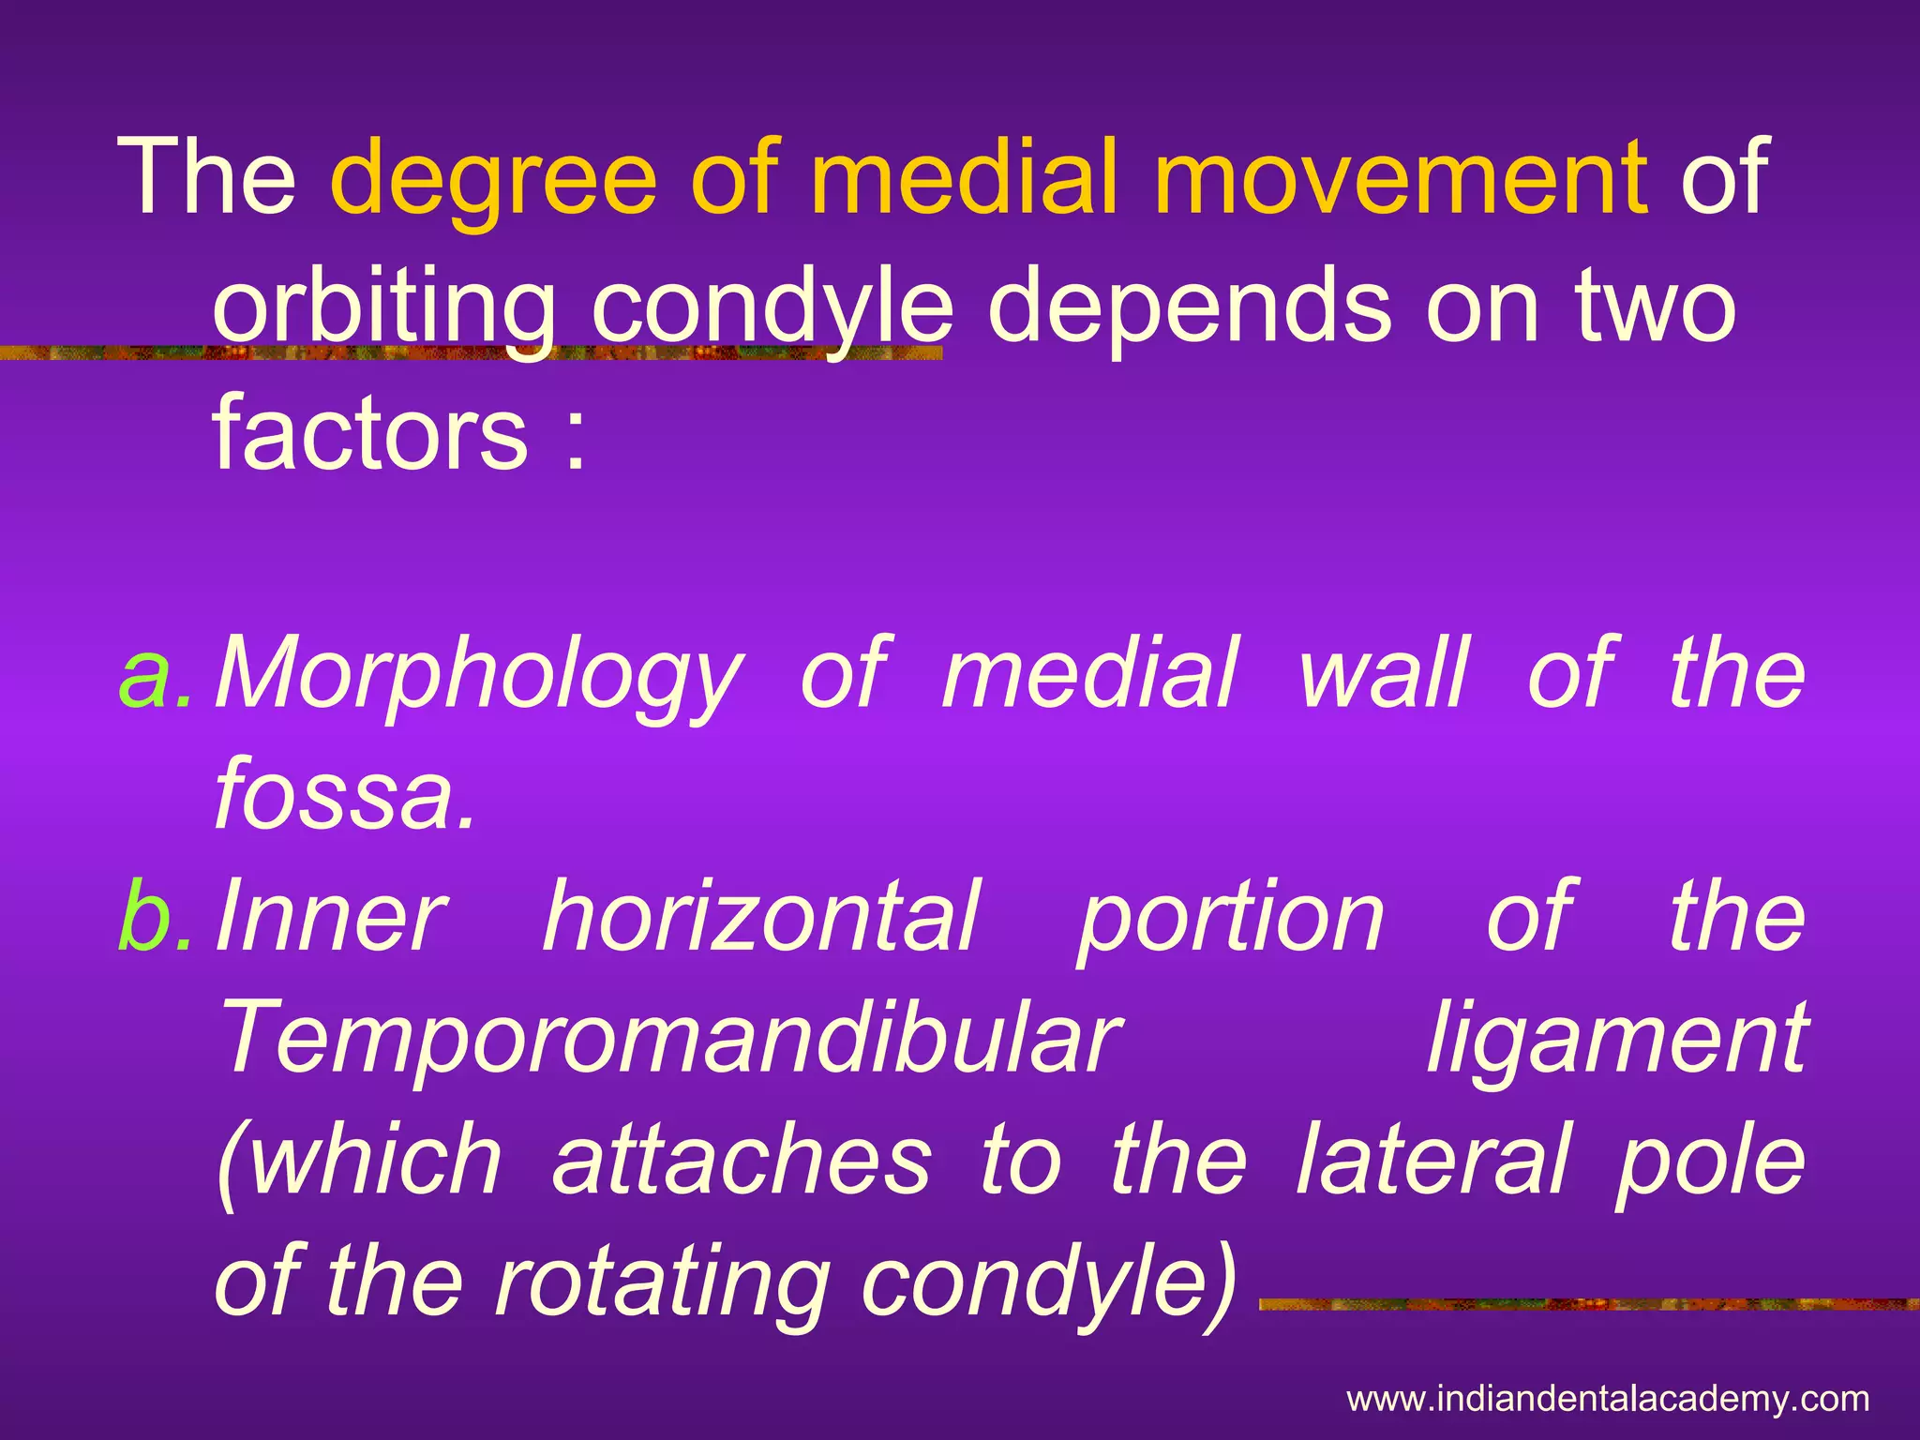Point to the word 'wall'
click(1384, 671)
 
